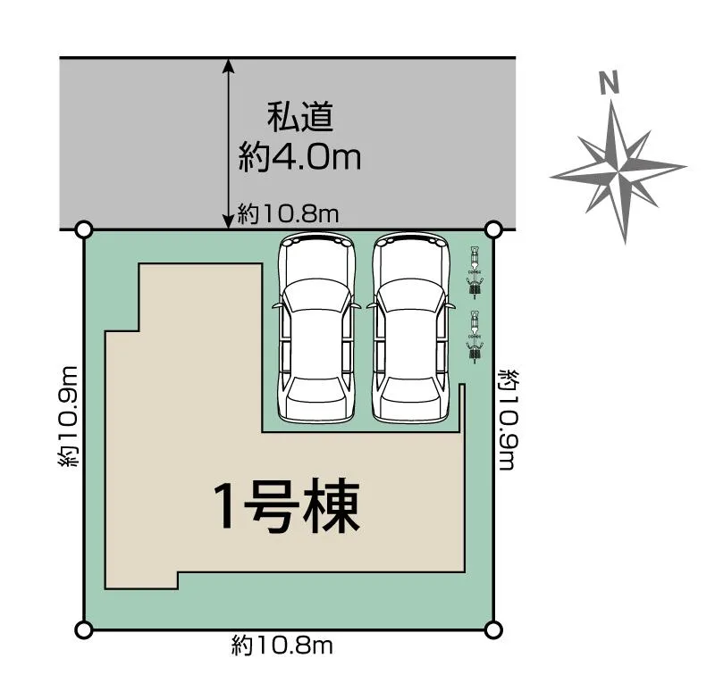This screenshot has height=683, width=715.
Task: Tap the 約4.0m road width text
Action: pyautogui.click(x=300, y=158)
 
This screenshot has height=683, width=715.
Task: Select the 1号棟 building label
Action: pyautogui.click(x=286, y=508)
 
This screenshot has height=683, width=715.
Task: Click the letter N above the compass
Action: pyautogui.click(x=610, y=83)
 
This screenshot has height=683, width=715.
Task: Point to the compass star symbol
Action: pyautogui.click(x=618, y=170)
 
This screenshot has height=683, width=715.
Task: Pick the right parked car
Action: pyautogui.click(x=408, y=328)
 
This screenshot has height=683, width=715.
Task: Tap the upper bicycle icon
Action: pyautogui.click(x=475, y=271)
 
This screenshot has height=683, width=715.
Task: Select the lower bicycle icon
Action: pyautogui.click(x=475, y=336)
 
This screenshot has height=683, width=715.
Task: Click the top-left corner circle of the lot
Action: pyautogui.click(x=84, y=229)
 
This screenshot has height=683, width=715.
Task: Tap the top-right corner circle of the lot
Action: pyautogui.click(x=492, y=229)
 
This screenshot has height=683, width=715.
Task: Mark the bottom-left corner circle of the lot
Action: pyautogui.click(x=84, y=630)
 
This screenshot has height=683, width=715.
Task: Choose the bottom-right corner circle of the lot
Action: pyautogui.click(x=492, y=630)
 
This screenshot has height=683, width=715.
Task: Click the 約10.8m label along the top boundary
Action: pyautogui.click(x=288, y=214)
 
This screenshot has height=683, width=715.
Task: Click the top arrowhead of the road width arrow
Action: pyautogui.click(x=230, y=64)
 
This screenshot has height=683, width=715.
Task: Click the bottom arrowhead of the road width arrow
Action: pyautogui.click(x=230, y=223)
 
